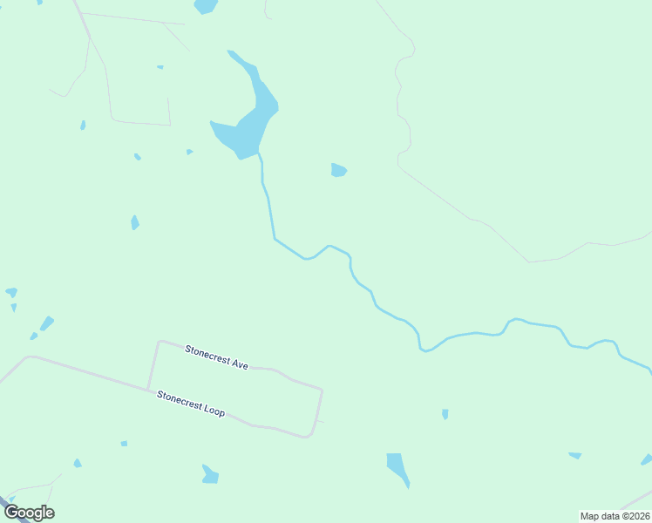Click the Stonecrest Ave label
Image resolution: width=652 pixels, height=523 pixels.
pyautogui.click(x=216, y=357)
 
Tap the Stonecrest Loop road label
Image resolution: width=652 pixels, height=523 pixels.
pyautogui.click(x=191, y=403)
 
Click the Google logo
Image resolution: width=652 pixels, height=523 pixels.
pyautogui.click(x=29, y=513)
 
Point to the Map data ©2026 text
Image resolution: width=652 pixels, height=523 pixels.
pyautogui.click(x=615, y=516)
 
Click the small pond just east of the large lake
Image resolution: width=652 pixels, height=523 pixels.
pyautogui.click(x=338, y=170)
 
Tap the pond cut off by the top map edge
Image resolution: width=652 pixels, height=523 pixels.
pyautogui.click(x=206, y=6)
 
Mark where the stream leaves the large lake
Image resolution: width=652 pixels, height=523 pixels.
pyautogui.click(x=258, y=155)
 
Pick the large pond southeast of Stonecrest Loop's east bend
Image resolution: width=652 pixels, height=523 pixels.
pyautogui.click(x=397, y=467)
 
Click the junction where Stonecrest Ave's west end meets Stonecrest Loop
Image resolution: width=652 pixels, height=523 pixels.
pyautogui.click(x=148, y=389)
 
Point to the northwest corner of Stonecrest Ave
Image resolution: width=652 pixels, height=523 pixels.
pyautogui.click(x=159, y=342)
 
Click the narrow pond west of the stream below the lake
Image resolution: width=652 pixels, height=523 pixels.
pyautogui.click(x=134, y=222)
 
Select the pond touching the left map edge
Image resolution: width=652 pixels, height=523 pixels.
pyautogui.click(x=10, y=292)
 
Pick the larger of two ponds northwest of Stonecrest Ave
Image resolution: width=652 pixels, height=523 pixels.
pyautogui.click(x=46, y=323)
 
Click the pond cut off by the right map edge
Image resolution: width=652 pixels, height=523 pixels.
pyautogui.click(x=647, y=459)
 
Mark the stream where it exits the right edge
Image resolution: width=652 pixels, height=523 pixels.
pyautogui.click(x=649, y=370)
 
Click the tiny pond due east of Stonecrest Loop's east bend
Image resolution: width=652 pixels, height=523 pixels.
pyautogui.click(x=445, y=414)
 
